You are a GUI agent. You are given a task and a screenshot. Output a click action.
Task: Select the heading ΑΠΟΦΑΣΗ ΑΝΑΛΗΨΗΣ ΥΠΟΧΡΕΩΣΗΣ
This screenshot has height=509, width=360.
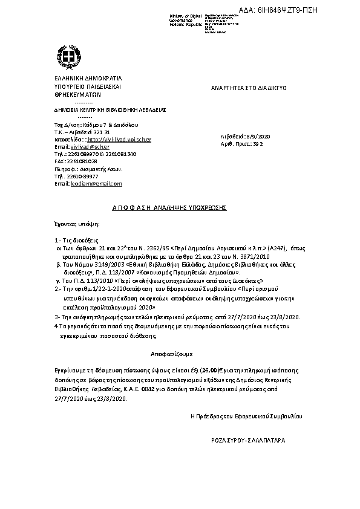[x=169, y=207]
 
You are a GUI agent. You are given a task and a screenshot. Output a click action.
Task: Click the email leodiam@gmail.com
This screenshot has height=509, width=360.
[x=97, y=183]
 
